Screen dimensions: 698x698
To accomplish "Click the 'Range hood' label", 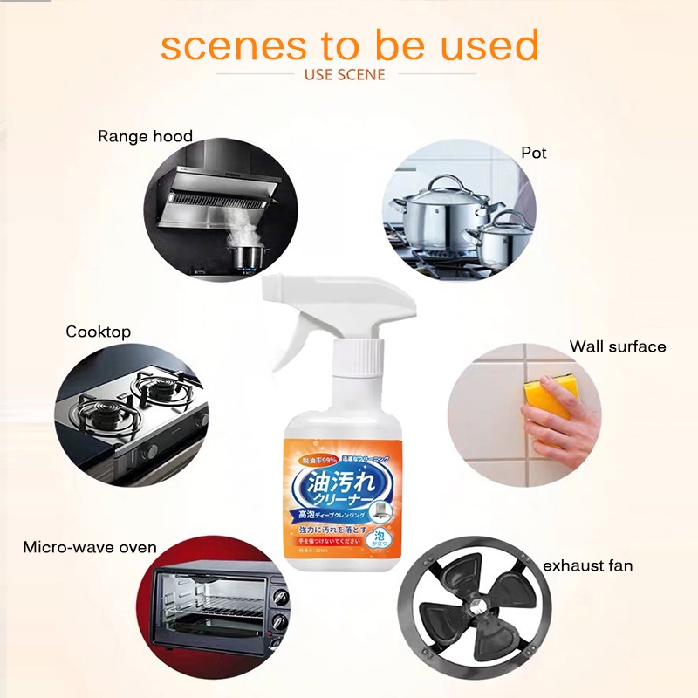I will (x=145, y=136).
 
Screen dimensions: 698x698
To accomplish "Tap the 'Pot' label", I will (x=533, y=153).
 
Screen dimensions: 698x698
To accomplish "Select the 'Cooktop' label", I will (x=98, y=332).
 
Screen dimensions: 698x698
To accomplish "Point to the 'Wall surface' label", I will (x=617, y=346).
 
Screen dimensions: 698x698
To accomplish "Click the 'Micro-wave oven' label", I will (x=89, y=547).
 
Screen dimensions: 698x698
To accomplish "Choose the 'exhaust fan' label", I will (x=587, y=566).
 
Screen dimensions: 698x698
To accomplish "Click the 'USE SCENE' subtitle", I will (x=345, y=74).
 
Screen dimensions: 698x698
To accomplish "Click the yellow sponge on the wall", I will (x=548, y=401).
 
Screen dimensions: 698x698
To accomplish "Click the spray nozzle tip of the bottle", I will (x=268, y=288).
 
